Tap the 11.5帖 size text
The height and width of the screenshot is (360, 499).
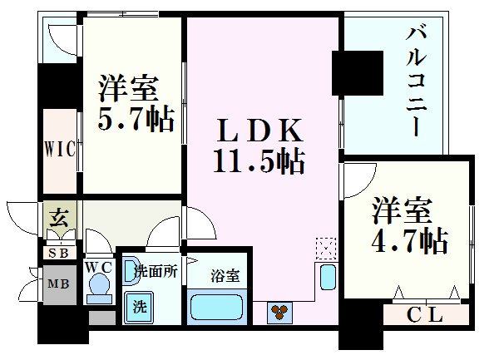coord(259,160)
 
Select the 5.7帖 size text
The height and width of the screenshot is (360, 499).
coord(137,117)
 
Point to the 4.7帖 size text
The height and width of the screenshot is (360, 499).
coord(410,240)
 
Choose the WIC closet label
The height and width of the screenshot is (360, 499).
coord(61,150)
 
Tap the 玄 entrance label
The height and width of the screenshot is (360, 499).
coord(60,219)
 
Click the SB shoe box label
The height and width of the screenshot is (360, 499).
coord(59,253)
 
